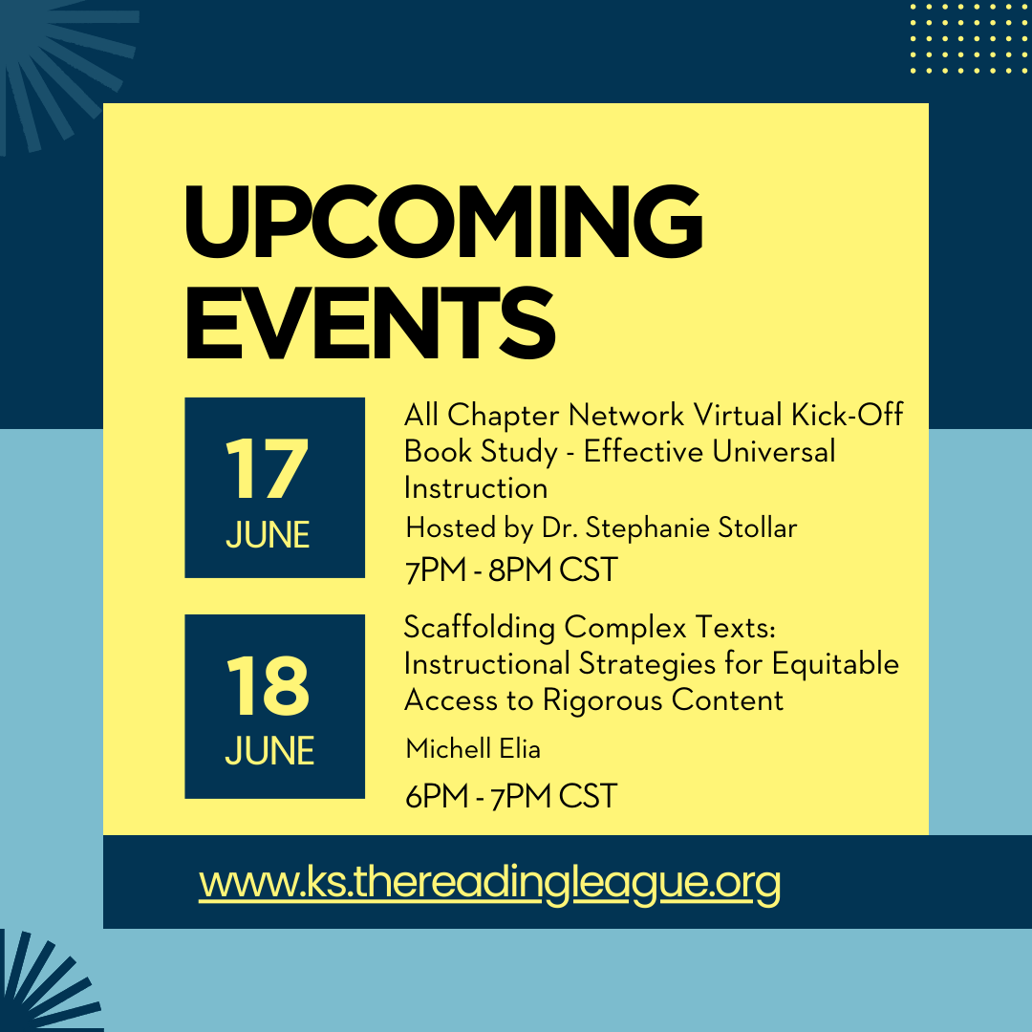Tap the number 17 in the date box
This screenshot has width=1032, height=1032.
click(x=268, y=471)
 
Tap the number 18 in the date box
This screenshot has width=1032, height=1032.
click(x=269, y=687)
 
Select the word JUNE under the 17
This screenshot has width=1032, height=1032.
click(x=268, y=535)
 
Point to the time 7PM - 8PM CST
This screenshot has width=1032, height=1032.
click(x=511, y=570)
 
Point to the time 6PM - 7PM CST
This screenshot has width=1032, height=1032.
click(x=511, y=795)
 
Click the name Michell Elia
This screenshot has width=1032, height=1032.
click(x=473, y=748)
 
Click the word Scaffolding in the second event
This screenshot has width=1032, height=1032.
click(x=480, y=628)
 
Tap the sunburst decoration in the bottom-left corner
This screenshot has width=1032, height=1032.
click(x=38, y=984)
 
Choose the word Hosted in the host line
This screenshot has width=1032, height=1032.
click(x=444, y=527)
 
